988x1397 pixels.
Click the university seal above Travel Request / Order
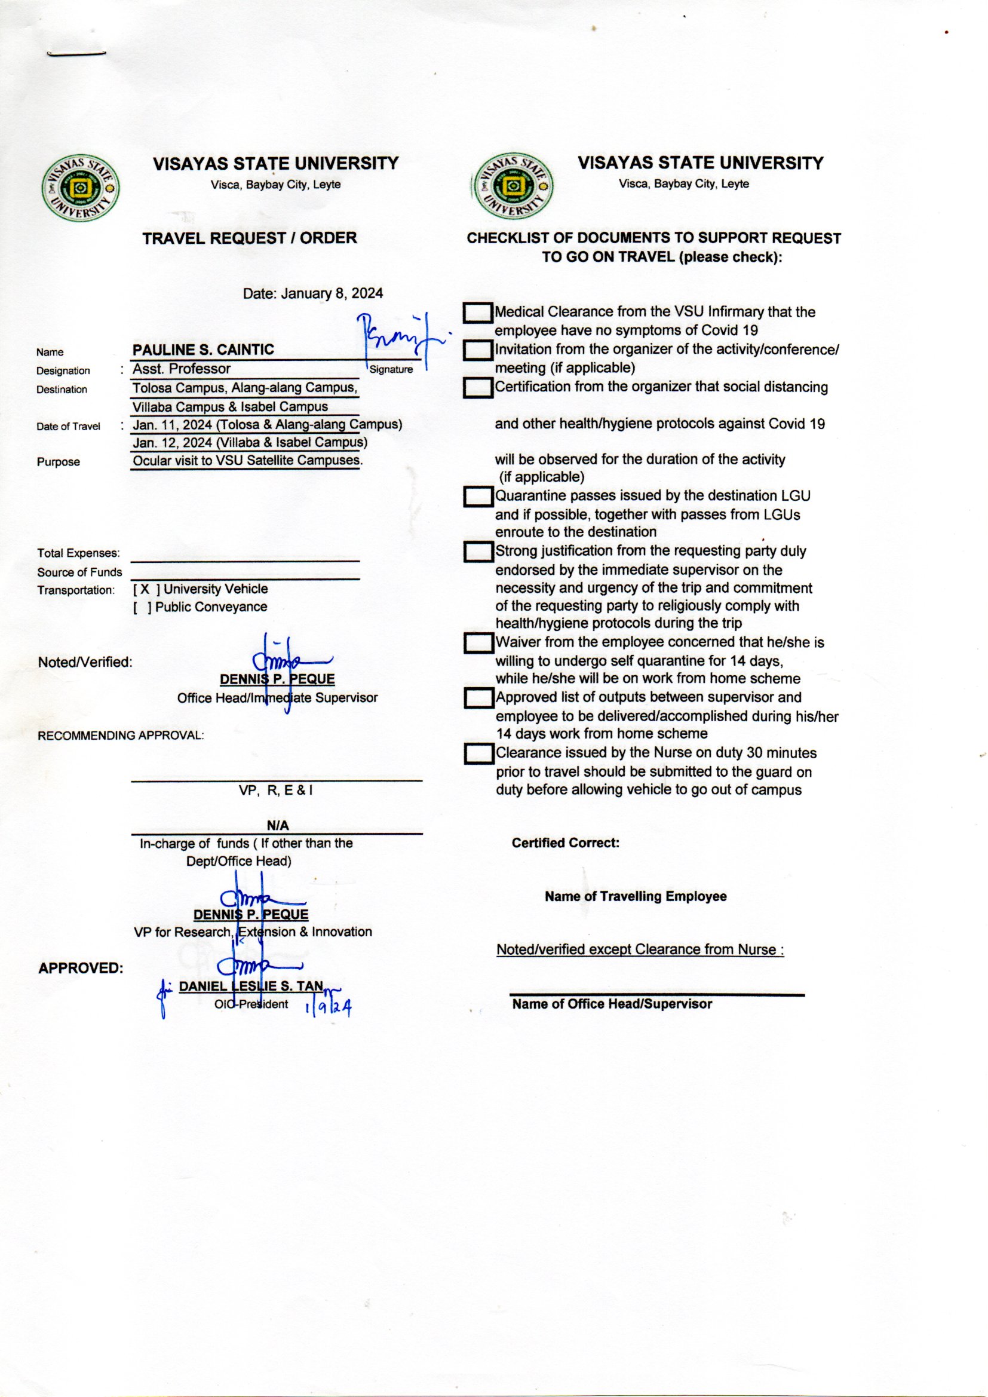pos(80,189)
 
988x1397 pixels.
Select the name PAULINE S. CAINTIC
pos(203,350)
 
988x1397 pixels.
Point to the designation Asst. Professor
pos(182,369)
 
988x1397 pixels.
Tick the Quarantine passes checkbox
pos(478,497)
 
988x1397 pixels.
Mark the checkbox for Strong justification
pos(478,553)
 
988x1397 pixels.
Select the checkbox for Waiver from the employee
pos(478,644)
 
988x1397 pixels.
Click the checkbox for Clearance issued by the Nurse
pos(478,755)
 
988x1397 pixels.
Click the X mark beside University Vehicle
pos(145,589)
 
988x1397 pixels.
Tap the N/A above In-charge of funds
pos(277,826)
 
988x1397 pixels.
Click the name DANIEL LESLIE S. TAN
pos(251,987)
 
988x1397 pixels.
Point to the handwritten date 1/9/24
pos(329,1007)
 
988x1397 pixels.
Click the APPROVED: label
pos(81,968)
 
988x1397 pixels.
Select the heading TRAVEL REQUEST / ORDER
pos(250,238)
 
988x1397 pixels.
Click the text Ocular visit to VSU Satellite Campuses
pos(247,461)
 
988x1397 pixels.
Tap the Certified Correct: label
pos(565,843)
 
